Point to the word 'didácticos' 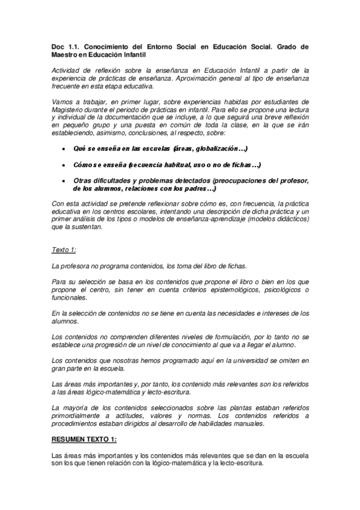point(291,219)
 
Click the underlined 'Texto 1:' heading point(64,249)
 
